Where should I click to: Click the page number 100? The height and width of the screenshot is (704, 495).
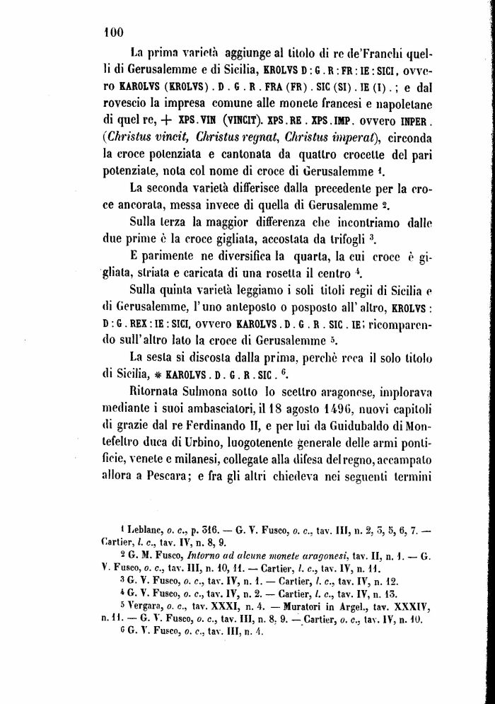tap(112, 30)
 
